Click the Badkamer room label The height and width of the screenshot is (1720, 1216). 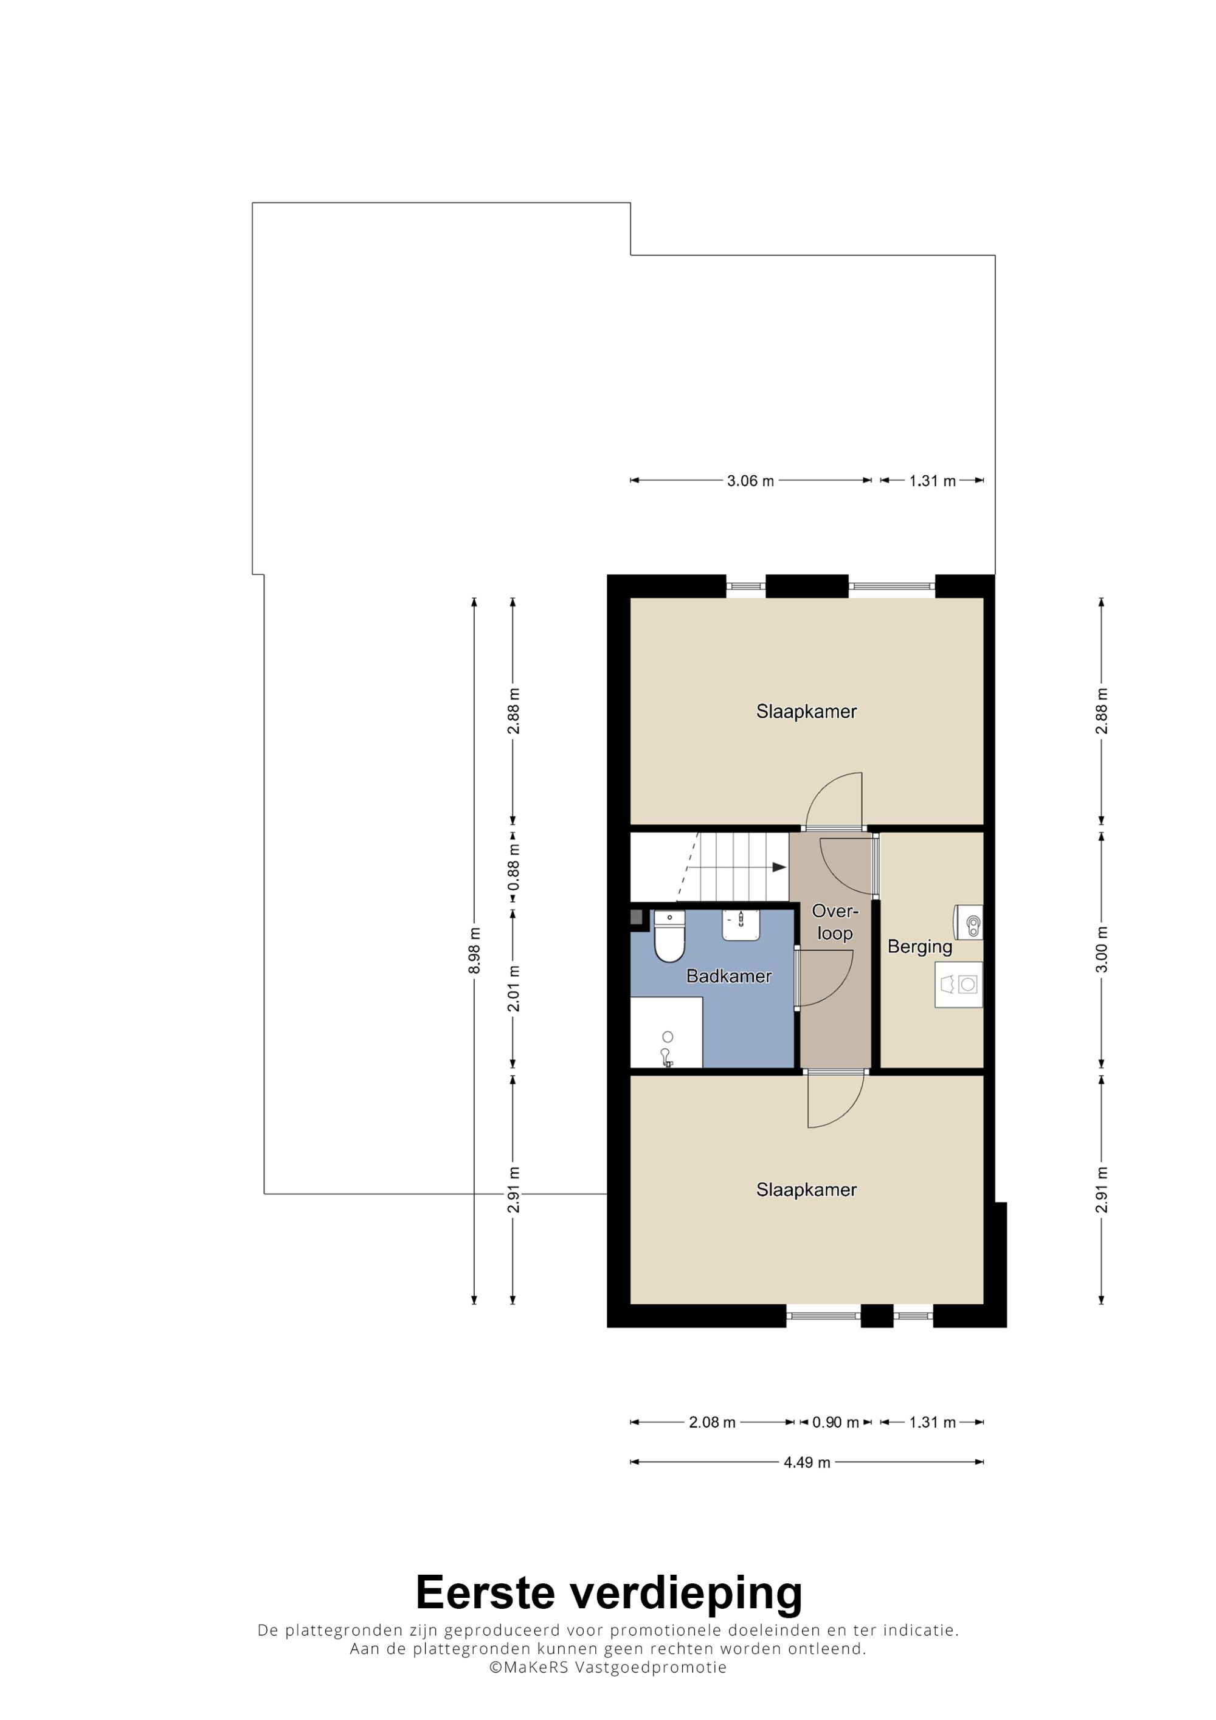pyautogui.click(x=728, y=976)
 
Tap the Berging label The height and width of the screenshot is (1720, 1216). pyautogui.click(x=919, y=947)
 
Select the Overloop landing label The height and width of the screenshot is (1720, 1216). pyautogui.click(x=835, y=922)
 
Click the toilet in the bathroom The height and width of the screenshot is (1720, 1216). pyautogui.click(x=669, y=937)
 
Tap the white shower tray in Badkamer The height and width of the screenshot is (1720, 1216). pyautogui.click(x=666, y=1032)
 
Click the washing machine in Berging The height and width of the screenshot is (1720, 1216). pyautogui.click(x=958, y=985)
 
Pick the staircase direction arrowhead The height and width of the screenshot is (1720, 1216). pyautogui.click(x=779, y=867)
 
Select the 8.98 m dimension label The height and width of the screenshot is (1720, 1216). pyautogui.click(x=474, y=951)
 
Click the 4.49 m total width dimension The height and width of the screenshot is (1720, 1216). pyautogui.click(x=807, y=1462)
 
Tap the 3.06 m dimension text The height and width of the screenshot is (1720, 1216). pyautogui.click(x=750, y=481)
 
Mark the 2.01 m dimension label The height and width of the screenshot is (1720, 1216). pyautogui.click(x=513, y=988)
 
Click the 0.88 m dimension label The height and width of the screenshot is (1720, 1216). pyautogui.click(x=513, y=867)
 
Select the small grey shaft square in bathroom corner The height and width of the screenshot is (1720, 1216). pyautogui.click(x=637, y=917)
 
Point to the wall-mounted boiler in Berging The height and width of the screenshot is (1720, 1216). pyautogui.click(x=968, y=922)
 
